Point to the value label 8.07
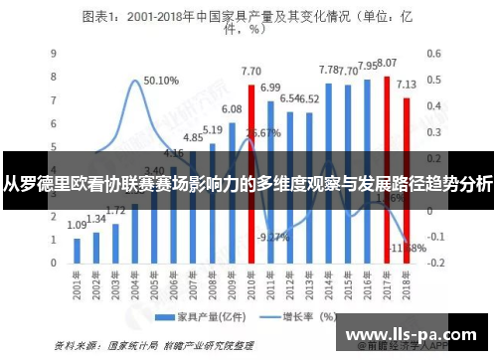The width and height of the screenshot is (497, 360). click(x=387, y=63)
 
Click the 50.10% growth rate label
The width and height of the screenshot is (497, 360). click(x=160, y=81)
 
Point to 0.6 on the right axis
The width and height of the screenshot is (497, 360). click(x=433, y=53)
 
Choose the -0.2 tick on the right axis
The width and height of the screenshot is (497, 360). click(x=435, y=266)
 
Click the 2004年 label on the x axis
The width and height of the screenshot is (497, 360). click(x=134, y=287)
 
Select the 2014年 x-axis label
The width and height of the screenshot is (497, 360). click(x=328, y=287)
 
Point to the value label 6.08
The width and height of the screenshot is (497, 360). click(x=232, y=109)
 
